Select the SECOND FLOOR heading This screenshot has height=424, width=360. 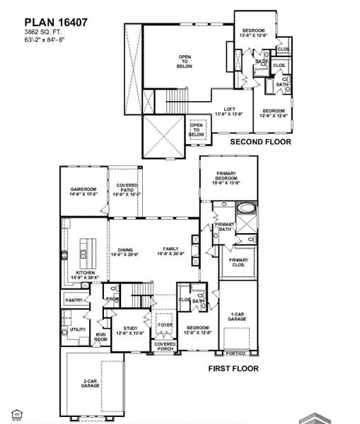click(260, 141)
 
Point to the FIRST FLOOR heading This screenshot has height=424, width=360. click(233, 368)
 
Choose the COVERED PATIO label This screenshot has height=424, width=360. click(127, 189)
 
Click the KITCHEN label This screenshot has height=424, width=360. click(86, 274)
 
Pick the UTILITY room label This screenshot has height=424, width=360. click(77, 329)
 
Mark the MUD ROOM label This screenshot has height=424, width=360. click(101, 338)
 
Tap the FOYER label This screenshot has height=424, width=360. click(166, 325)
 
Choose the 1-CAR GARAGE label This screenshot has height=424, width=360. click(238, 317)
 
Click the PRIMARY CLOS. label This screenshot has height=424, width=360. click(238, 263)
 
